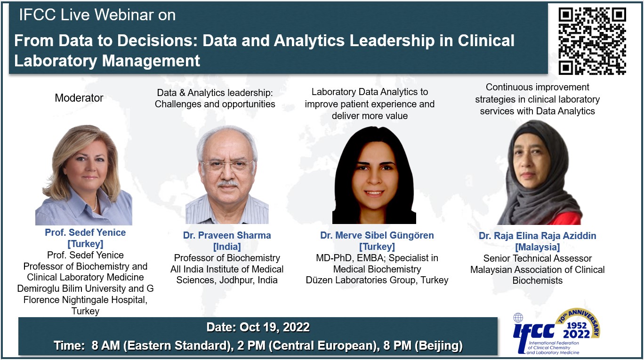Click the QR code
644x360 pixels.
[592, 41]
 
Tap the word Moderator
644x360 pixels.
[79, 98]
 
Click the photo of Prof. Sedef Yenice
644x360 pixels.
[84, 175]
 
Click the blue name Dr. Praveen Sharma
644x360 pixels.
[227, 235]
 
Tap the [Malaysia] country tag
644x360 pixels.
[537, 247]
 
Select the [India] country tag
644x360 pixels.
[227, 247]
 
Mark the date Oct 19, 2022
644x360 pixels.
[274, 328]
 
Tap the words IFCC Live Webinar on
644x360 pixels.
[97, 15]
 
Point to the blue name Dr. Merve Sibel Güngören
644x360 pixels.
[377, 235]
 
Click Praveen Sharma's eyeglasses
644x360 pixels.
[227, 165]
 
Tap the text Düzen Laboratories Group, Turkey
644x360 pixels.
[377, 280]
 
